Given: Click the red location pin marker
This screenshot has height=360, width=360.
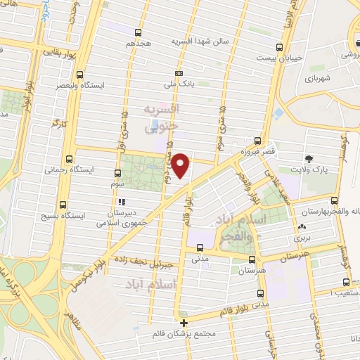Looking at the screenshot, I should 181,165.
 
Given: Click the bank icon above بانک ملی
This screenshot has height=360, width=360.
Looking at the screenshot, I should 180,73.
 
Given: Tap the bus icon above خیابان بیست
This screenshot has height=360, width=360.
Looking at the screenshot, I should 281,48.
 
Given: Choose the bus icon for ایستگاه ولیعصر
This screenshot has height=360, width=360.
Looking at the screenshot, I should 79,74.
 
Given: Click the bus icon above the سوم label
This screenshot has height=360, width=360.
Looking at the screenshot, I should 117,172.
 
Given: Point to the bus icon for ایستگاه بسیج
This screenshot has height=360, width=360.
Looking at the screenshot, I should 67,203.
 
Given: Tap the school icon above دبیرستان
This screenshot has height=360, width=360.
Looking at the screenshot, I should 121,202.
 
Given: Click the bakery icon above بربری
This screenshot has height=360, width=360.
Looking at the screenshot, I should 302,227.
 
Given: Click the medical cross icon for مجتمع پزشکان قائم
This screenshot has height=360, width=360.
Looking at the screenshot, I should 184,323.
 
